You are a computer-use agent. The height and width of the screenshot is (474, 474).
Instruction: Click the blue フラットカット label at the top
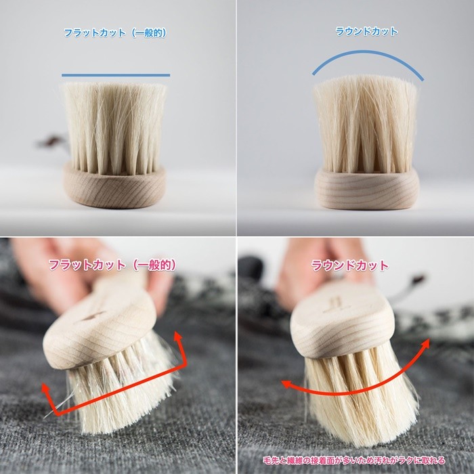pyautogui.click(x=114, y=33)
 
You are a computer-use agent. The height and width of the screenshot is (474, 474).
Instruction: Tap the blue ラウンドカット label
pyautogui.click(x=366, y=31)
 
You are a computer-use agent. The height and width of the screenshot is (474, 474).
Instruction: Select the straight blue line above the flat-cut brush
pyautogui.click(x=115, y=74)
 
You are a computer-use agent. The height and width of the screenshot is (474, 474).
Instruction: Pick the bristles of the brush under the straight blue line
pyautogui.click(x=114, y=125)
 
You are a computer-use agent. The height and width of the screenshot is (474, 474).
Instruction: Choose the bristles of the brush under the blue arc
pyautogui.click(x=366, y=125)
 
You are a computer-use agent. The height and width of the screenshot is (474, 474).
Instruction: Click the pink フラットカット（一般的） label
pyautogui.click(x=112, y=265)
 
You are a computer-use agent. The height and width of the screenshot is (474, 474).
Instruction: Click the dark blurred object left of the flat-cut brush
pyautogui.click(x=51, y=142)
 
